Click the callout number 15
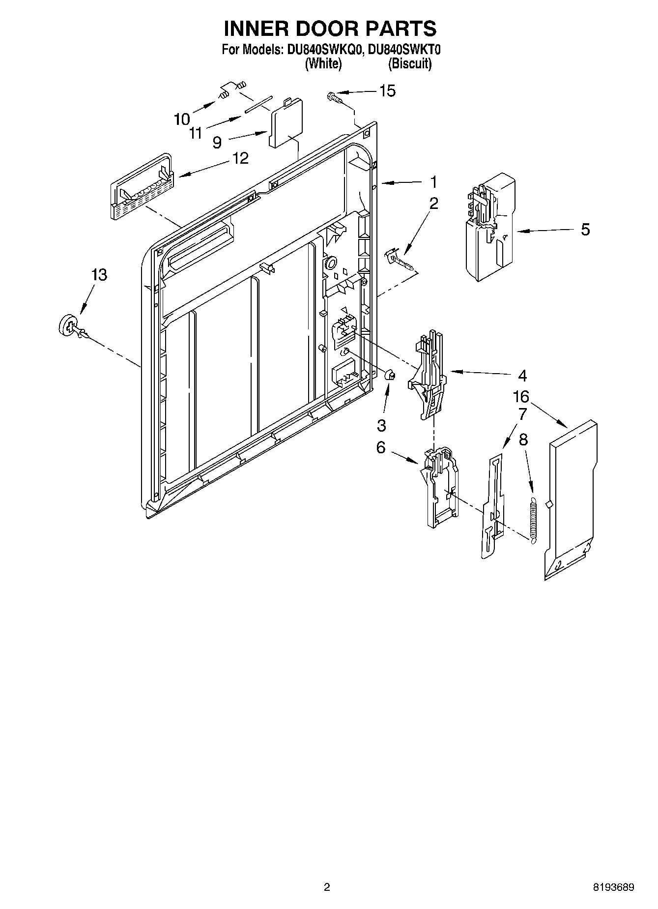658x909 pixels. pyautogui.click(x=387, y=91)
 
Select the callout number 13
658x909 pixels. pyautogui.click(x=99, y=275)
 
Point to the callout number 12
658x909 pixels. pyautogui.click(x=240, y=158)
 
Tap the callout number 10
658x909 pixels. pyautogui.click(x=181, y=119)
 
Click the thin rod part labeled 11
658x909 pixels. pyautogui.click(x=258, y=105)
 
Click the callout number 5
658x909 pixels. pyautogui.click(x=585, y=230)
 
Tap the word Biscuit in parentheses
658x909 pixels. pyautogui.click(x=410, y=64)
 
